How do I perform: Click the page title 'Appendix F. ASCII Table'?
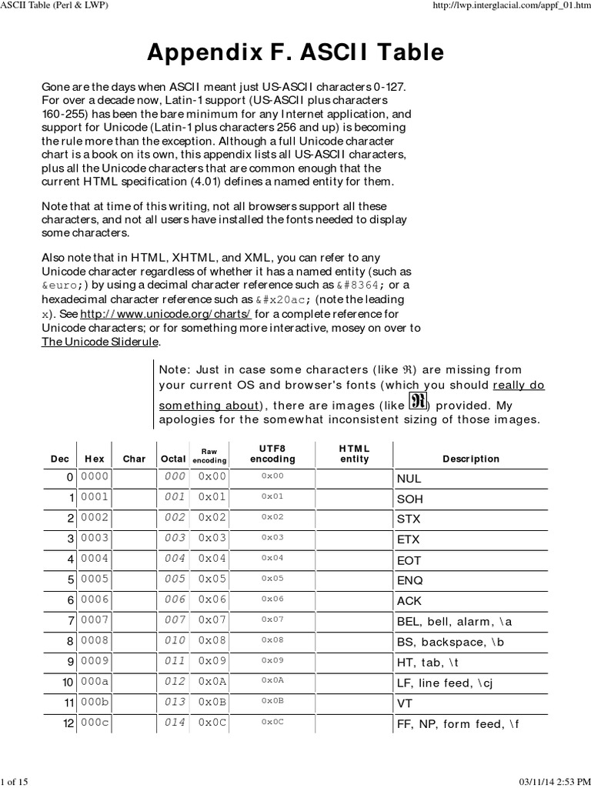(x=295, y=52)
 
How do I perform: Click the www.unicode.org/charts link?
(x=165, y=315)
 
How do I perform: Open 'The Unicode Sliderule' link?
(x=100, y=342)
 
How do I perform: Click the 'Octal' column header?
(x=173, y=459)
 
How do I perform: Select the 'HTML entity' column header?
(x=354, y=453)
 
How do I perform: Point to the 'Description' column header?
(x=471, y=459)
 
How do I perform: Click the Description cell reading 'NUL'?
(x=409, y=478)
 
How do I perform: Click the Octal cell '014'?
(x=175, y=723)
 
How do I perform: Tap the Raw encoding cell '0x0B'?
(x=212, y=703)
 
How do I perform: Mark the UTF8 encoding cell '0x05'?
(x=272, y=579)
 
